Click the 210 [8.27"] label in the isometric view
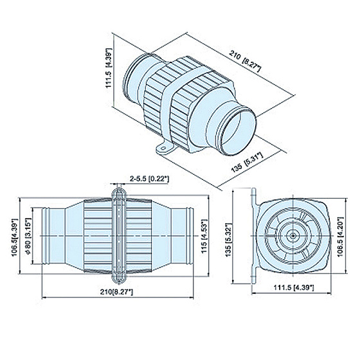click(245, 61)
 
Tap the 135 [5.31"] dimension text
click(247, 163)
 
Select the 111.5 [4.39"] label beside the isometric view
click(109, 68)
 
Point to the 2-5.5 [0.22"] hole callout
click(149, 179)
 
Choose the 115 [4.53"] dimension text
click(204, 236)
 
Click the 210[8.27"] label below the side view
click(116, 292)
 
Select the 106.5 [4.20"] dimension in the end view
click(340, 237)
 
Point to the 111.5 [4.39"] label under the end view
click(294, 287)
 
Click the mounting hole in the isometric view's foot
click(163, 148)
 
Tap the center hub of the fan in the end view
click(293, 236)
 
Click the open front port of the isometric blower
click(238, 132)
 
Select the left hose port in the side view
click(54, 236)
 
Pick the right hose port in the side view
click(182, 236)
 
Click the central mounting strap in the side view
click(119, 237)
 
